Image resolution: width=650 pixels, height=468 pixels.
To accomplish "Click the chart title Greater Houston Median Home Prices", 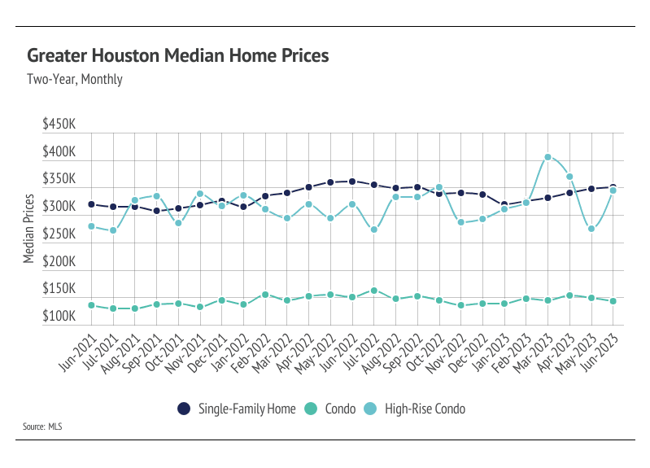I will click(178, 56).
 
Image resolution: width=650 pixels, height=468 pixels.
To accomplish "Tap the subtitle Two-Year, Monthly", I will click(75, 80).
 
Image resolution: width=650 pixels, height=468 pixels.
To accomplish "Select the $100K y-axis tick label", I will click(59, 317).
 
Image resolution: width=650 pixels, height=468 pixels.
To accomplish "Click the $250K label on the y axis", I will click(59, 234).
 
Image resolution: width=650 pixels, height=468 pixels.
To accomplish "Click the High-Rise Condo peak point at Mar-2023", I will click(548, 157).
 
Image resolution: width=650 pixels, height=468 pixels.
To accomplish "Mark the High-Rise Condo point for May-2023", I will click(591, 229).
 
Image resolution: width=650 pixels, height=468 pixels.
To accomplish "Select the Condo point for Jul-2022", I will click(373, 291).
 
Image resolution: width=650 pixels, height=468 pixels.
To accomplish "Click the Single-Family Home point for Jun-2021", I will click(91, 204).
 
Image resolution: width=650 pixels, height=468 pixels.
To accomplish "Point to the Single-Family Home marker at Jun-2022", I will click(352, 182).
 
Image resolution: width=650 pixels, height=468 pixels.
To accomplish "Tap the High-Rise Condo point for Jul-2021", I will click(113, 230).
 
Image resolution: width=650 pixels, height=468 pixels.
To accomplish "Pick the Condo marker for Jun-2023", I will click(613, 301).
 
